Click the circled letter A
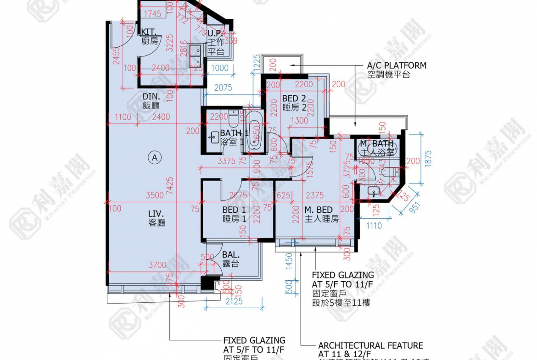coord(155,158)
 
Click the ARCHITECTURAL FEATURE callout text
coord(370,345)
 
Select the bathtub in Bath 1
coord(254,132)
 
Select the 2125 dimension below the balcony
coord(234,301)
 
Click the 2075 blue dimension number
coord(223,88)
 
